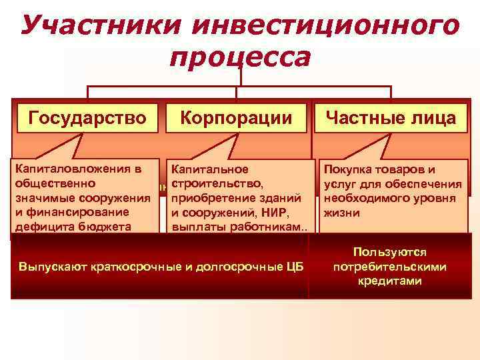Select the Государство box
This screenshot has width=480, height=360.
87,118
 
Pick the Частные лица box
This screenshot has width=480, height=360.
391,118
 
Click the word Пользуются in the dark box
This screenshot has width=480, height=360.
391,252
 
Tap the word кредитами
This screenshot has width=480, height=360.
391,281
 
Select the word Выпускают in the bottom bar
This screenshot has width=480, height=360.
51,267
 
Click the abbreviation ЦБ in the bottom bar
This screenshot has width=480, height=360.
293,267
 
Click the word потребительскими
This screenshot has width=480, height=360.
391,267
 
